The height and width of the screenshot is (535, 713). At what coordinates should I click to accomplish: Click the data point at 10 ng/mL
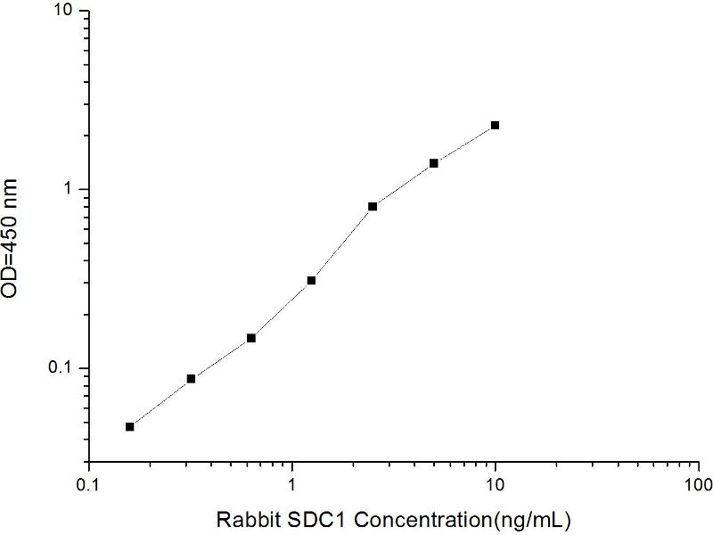495,126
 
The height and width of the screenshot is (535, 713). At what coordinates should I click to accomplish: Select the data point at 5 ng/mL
434,163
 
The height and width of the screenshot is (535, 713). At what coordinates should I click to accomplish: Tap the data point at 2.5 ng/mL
373,206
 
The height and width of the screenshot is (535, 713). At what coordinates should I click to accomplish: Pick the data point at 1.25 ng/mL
312,280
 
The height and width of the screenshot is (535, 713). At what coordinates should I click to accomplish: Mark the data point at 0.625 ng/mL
251,338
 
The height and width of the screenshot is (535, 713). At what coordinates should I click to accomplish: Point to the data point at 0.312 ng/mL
191,379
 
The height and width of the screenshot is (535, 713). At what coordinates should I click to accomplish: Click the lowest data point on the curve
130,427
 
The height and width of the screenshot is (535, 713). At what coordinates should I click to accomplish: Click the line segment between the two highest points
464,144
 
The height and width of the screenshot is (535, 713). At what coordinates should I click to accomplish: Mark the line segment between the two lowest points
160,403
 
